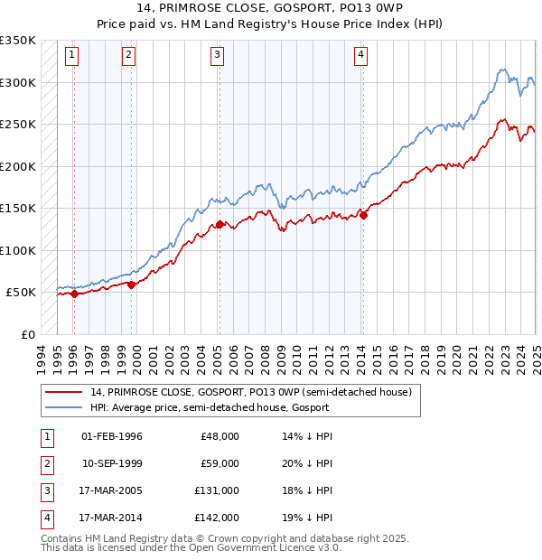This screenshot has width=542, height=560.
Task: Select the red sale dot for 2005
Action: pos(219,225)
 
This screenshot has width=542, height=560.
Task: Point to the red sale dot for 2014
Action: pos(362,215)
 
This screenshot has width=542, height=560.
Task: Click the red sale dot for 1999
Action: pos(131,285)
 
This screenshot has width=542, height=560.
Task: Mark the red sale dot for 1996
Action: pos(73,294)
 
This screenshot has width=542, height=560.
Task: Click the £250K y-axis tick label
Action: pos(18,124)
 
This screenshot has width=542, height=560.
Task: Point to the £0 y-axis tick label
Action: pos(27,334)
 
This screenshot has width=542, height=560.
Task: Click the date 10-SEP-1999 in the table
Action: pos(112,463)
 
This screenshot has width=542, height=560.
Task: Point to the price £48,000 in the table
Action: pos(220,436)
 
